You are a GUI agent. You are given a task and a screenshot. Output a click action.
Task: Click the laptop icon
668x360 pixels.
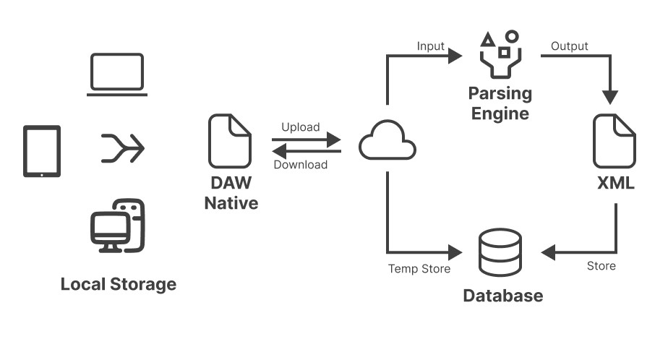click(117, 74)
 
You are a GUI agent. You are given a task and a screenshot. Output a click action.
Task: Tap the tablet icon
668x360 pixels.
click(42, 151)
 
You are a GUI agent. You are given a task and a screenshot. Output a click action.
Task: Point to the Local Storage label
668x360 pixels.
click(118, 283)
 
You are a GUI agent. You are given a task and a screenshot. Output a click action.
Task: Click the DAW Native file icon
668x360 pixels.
click(230, 142)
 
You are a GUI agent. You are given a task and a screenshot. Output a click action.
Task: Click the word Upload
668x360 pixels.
click(300, 127)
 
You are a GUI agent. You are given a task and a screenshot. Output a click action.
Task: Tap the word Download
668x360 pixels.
click(301, 165)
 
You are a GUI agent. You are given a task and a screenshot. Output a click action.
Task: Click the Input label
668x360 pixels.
click(431, 46)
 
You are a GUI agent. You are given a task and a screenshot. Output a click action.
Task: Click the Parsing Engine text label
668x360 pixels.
click(500, 103)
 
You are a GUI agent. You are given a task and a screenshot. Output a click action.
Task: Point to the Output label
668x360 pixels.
click(570, 46)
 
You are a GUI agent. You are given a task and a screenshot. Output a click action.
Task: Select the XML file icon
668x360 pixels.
click(615, 142)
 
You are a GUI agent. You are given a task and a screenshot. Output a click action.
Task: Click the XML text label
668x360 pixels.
click(615, 184)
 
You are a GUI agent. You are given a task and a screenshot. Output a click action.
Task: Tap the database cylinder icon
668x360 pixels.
click(500, 252)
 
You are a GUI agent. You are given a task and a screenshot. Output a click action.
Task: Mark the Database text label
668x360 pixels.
click(502, 296)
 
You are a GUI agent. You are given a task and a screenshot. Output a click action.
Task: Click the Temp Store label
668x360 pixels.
click(419, 269)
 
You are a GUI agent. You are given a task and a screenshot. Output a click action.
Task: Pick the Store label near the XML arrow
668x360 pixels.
click(601, 266)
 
